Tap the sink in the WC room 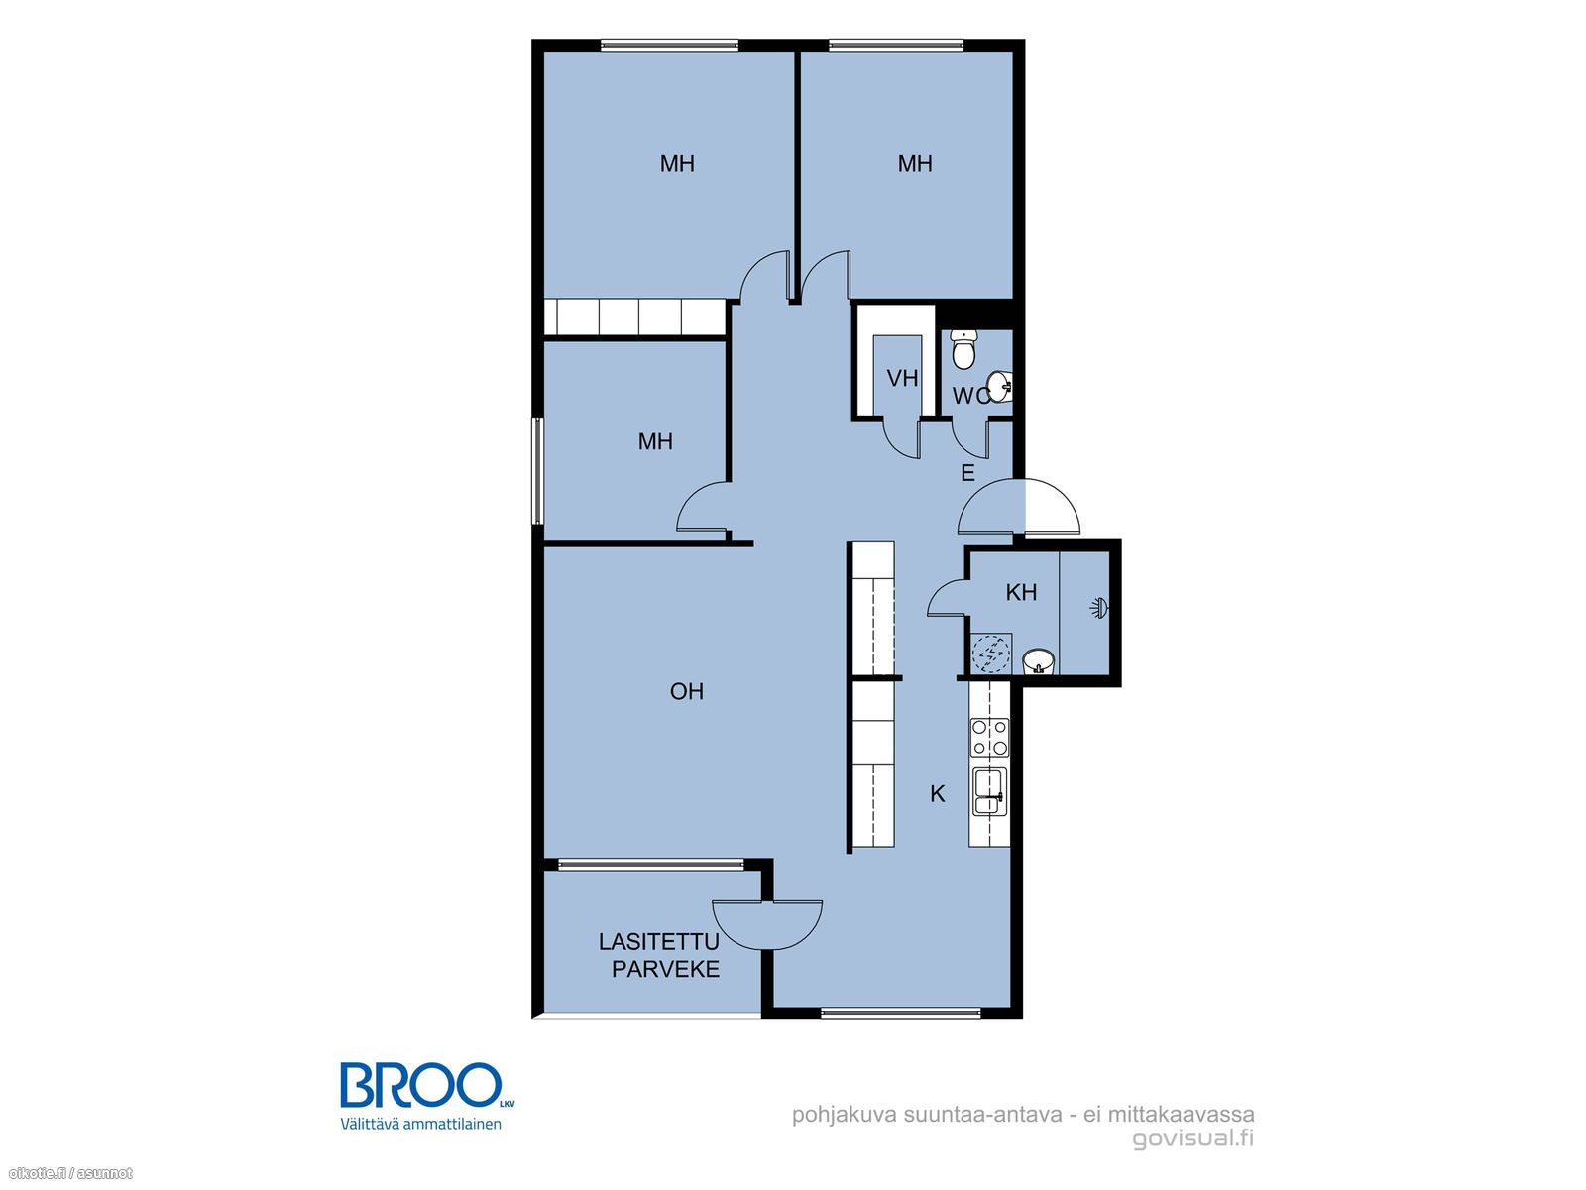point(1000,386)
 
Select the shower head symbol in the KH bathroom point(1098,608)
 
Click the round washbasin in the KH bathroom point(1038,660)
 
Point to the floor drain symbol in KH point(990,654)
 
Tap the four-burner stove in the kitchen point(989,737)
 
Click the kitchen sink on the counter point(989,792)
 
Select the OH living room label point(686,691)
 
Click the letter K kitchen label point(937,794)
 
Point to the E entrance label point(967,473)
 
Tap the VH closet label point(902,377)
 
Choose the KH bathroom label point(1021,592)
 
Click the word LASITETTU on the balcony point(658,941)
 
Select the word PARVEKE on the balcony point(665,969)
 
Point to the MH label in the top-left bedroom point(677,164)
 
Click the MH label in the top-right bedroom point(915,164)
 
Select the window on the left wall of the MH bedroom point(537,470)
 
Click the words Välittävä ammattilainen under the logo point(420,1124)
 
